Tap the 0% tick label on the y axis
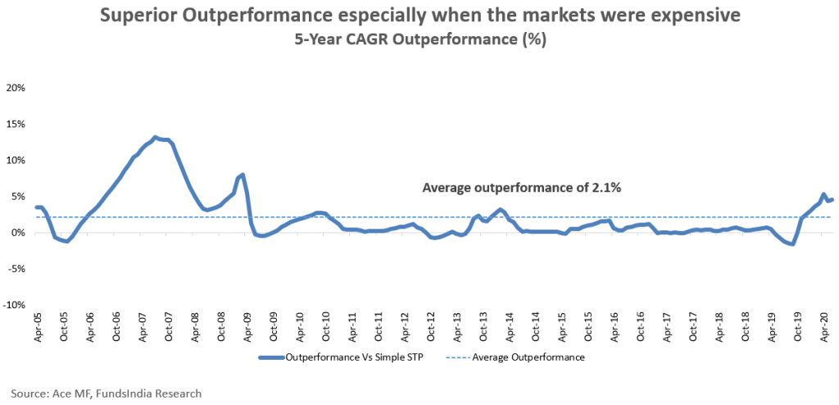[x=20, y=233]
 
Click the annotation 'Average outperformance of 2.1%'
[x=521, y=188]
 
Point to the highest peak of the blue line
[x=155, y=138]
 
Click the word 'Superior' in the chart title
[x=132, y=16]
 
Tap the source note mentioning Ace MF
[x=107, y=394]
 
